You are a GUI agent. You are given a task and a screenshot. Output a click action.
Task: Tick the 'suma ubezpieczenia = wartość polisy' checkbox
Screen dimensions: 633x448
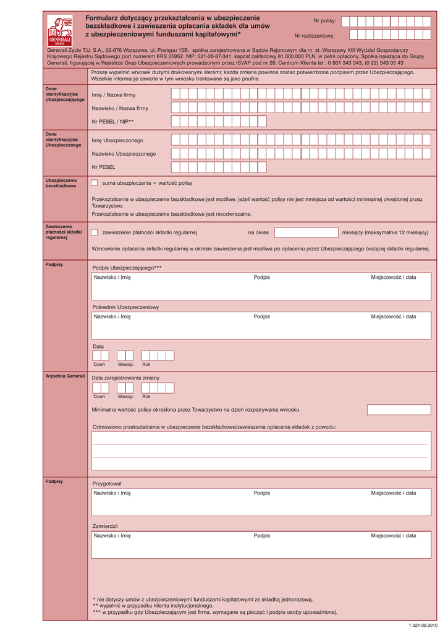pyautogui.click(x=94, y=183)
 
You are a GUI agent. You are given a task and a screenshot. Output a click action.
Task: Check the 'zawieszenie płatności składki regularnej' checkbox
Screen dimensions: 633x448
pyautogui.click(x=94, y=232)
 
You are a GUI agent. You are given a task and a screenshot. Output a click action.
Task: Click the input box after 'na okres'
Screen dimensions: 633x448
pyautogui.click(x=306, y=232)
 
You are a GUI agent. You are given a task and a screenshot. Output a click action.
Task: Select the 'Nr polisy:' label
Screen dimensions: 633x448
pyautogui.click(x=324, y=21)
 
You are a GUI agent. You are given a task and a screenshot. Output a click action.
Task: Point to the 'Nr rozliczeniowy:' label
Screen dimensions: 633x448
pyautogui.click(x=314, y=36)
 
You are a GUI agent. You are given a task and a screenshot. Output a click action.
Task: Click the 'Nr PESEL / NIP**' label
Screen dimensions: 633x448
pyautogui.click(x=112, y=122)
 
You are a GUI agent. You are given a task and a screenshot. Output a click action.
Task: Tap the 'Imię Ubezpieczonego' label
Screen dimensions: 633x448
pyautogui.click(x=117, y=140)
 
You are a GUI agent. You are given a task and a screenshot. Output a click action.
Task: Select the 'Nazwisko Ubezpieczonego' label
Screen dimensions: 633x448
pyautogui.click(x=124, y=153)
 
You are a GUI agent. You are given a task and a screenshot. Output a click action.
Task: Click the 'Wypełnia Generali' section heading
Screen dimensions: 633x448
pyautogui.click(x=65, y=376)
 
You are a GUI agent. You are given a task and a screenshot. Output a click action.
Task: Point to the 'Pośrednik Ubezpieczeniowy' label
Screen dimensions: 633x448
pyautogui.click(x=125, y=307)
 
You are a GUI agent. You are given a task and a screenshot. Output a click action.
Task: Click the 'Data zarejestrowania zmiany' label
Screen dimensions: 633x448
pyautogui.click(x=125, y=378)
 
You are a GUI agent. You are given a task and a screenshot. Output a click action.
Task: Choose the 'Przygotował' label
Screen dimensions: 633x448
pyautogui.click(x=107, y=483)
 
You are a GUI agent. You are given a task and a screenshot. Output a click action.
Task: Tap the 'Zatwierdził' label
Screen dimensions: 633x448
pyautogui.click(x=105, y=526)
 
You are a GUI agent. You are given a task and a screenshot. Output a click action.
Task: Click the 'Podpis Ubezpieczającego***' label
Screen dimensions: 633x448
pyautogui.click(x=127, y=268)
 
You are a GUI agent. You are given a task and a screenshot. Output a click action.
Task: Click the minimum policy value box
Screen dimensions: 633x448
pyautogui.click(x=399, y=409)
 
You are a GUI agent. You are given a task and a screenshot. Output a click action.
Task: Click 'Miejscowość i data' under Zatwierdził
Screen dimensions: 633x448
pyautogui.click(x=393, y=536)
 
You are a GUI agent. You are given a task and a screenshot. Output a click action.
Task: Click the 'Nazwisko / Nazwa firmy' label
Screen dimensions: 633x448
pyautogui.click(x=120, y=108)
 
